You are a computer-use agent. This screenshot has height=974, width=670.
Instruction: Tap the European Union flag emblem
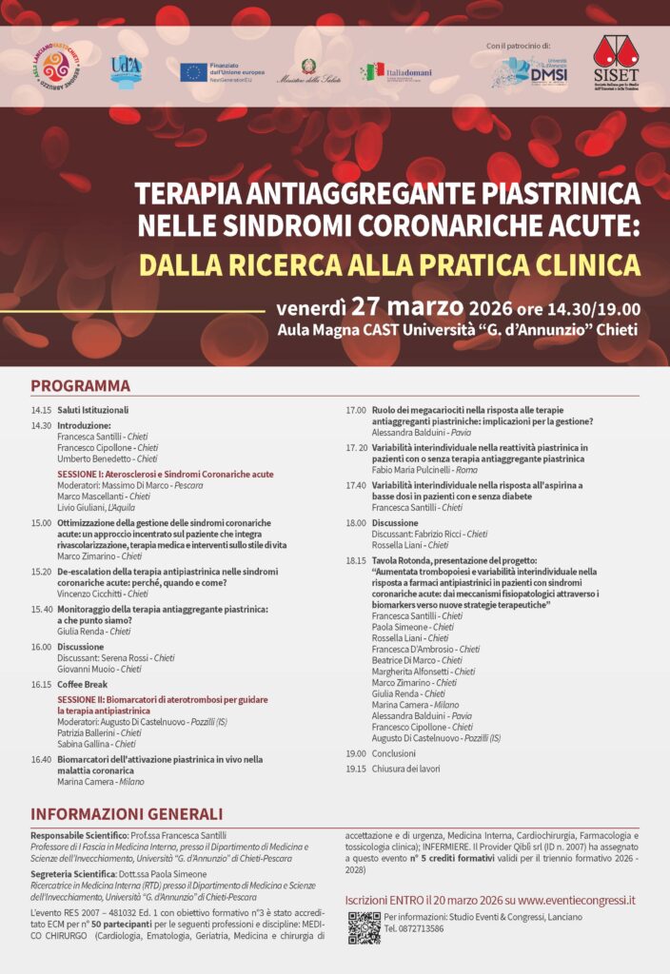tap(193, 72)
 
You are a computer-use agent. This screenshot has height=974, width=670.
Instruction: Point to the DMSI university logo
tap(533, 71)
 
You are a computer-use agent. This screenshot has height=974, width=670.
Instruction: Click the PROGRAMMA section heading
tap(80, 386)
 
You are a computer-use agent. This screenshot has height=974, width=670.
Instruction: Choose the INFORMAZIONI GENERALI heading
tap(127, 814)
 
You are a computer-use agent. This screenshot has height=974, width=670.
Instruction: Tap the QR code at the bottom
tap(364, 927)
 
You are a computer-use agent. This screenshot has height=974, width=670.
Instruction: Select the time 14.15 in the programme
tap(41, 410)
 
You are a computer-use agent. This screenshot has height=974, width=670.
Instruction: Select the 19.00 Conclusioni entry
tap(393, 752)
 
